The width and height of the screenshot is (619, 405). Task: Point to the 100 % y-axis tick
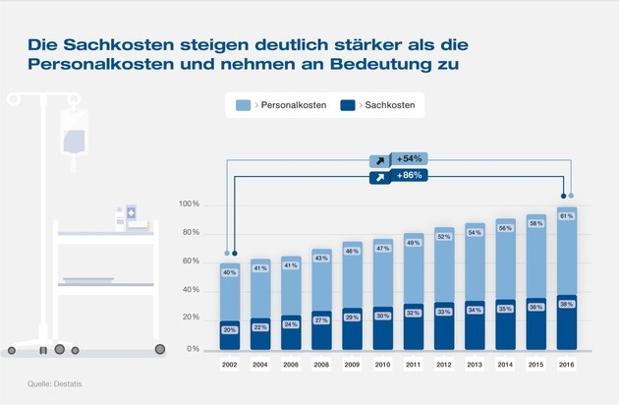click(189, 204)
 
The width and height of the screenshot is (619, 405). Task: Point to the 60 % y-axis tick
click(190, 261)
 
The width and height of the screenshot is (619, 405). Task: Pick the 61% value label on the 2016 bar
click(567, 215)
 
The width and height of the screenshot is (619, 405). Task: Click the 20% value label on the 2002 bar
click(230, 330)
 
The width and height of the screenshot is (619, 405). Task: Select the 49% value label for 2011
click(414, 243)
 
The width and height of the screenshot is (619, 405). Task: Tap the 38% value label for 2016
click(567, 305)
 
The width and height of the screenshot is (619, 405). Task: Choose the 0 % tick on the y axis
click(193, 349)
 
